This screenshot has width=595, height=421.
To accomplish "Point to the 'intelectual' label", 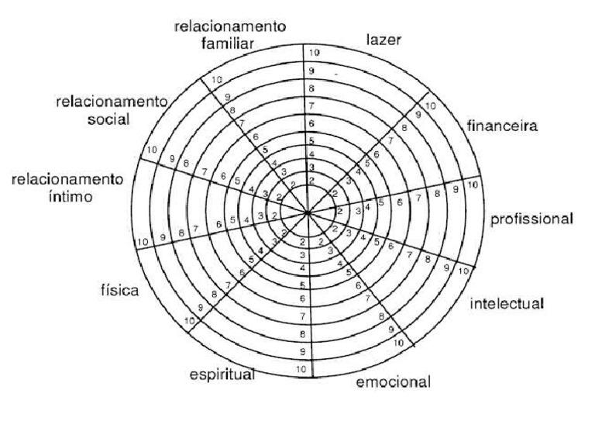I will [507, 302].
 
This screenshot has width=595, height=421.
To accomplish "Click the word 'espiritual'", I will [222, 376].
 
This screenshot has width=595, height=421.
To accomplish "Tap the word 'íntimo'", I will [67, 197].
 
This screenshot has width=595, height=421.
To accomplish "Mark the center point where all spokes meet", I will [308, 211].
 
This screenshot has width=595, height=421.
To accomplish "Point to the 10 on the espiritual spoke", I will [301, 369].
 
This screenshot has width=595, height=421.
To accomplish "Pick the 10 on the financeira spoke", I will [431, 105].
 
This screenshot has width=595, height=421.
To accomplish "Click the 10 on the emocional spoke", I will [398, 342].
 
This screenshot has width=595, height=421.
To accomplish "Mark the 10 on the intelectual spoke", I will [463, 271].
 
